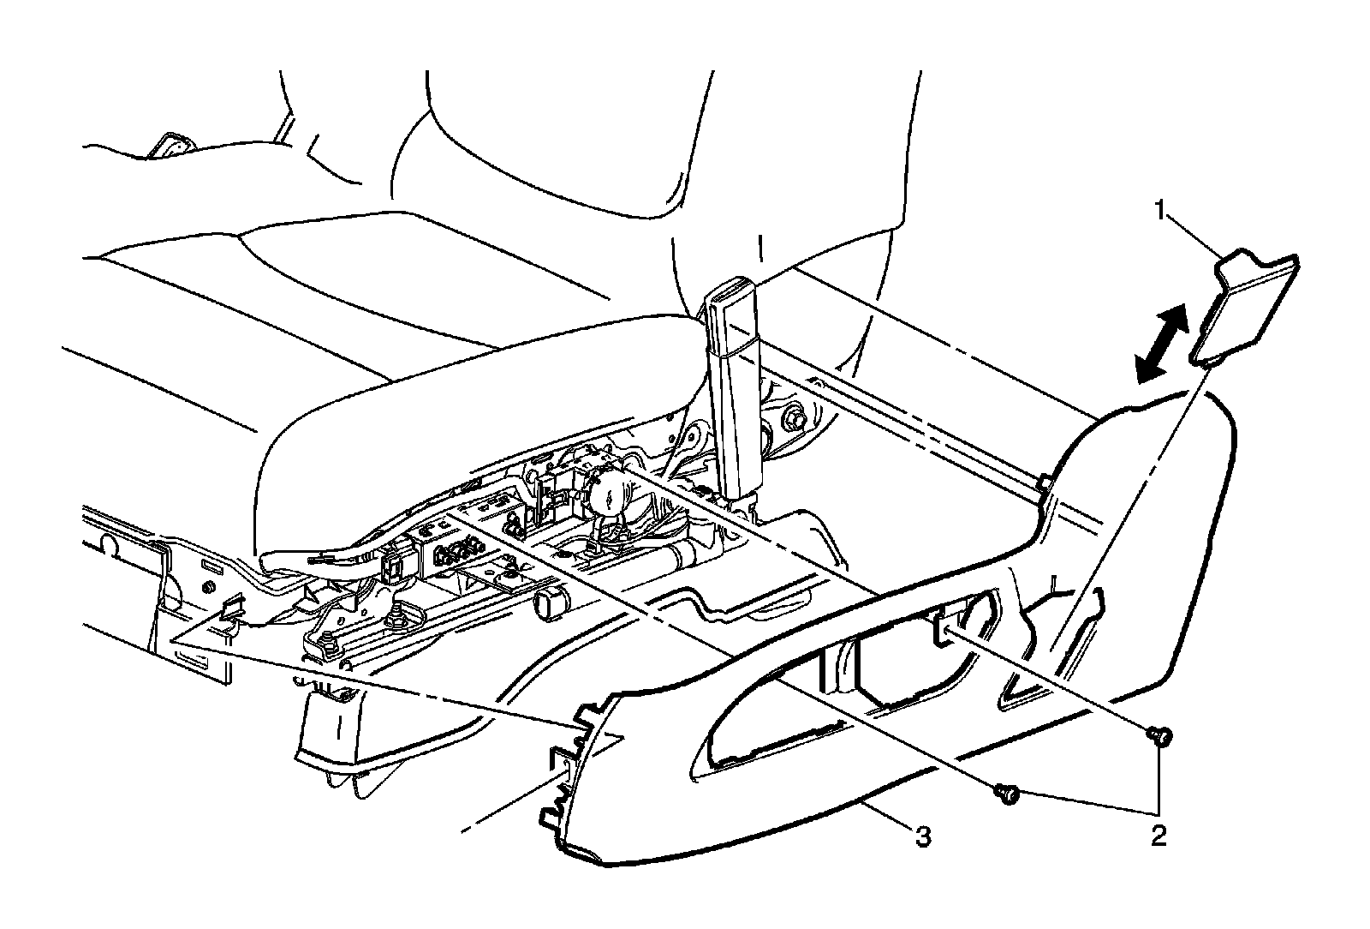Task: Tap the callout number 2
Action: [1158, 836]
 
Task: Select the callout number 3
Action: [921, 836]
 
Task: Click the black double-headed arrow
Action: [1162, 345]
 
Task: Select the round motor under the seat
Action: [605, 491]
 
